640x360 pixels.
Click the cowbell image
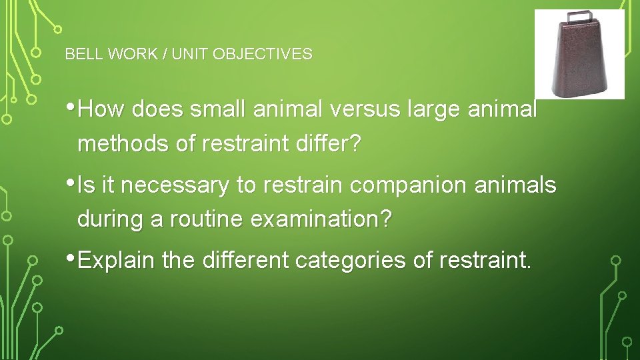579,57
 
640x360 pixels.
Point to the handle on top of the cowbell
579,17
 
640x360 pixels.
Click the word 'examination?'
322,220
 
